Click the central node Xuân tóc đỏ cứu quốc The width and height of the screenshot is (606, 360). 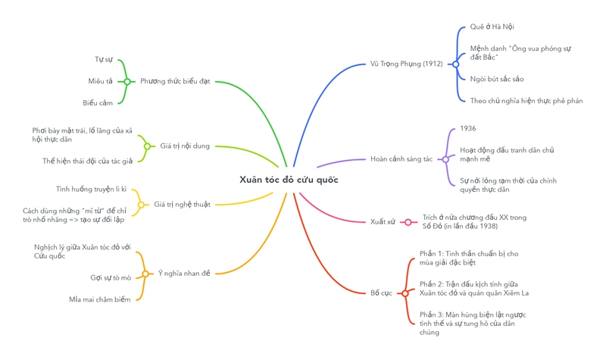289,180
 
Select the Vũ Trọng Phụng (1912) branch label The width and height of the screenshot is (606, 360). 406,64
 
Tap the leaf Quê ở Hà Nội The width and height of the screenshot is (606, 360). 492,27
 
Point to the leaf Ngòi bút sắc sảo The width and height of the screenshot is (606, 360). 496,79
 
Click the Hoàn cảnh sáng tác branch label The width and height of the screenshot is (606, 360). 401,159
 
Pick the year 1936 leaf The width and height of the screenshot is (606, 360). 468,129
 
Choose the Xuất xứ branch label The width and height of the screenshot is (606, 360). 383,222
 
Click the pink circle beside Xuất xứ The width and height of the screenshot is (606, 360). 408,222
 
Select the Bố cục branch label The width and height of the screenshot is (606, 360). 381,293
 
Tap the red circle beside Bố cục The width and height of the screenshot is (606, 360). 405,293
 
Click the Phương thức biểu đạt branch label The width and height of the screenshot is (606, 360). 175,82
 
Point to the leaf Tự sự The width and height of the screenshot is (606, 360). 104,60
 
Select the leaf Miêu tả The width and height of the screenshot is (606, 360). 100,82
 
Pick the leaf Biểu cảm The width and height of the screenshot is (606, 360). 98,103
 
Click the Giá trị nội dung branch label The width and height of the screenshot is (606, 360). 185,146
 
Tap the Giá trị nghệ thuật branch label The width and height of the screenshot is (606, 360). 182,205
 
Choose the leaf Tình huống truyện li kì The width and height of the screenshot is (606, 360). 91,189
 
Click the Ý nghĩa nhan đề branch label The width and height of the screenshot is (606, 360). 184,274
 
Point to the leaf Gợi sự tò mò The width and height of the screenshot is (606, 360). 111,278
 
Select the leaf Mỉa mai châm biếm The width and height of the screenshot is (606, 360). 100,299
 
